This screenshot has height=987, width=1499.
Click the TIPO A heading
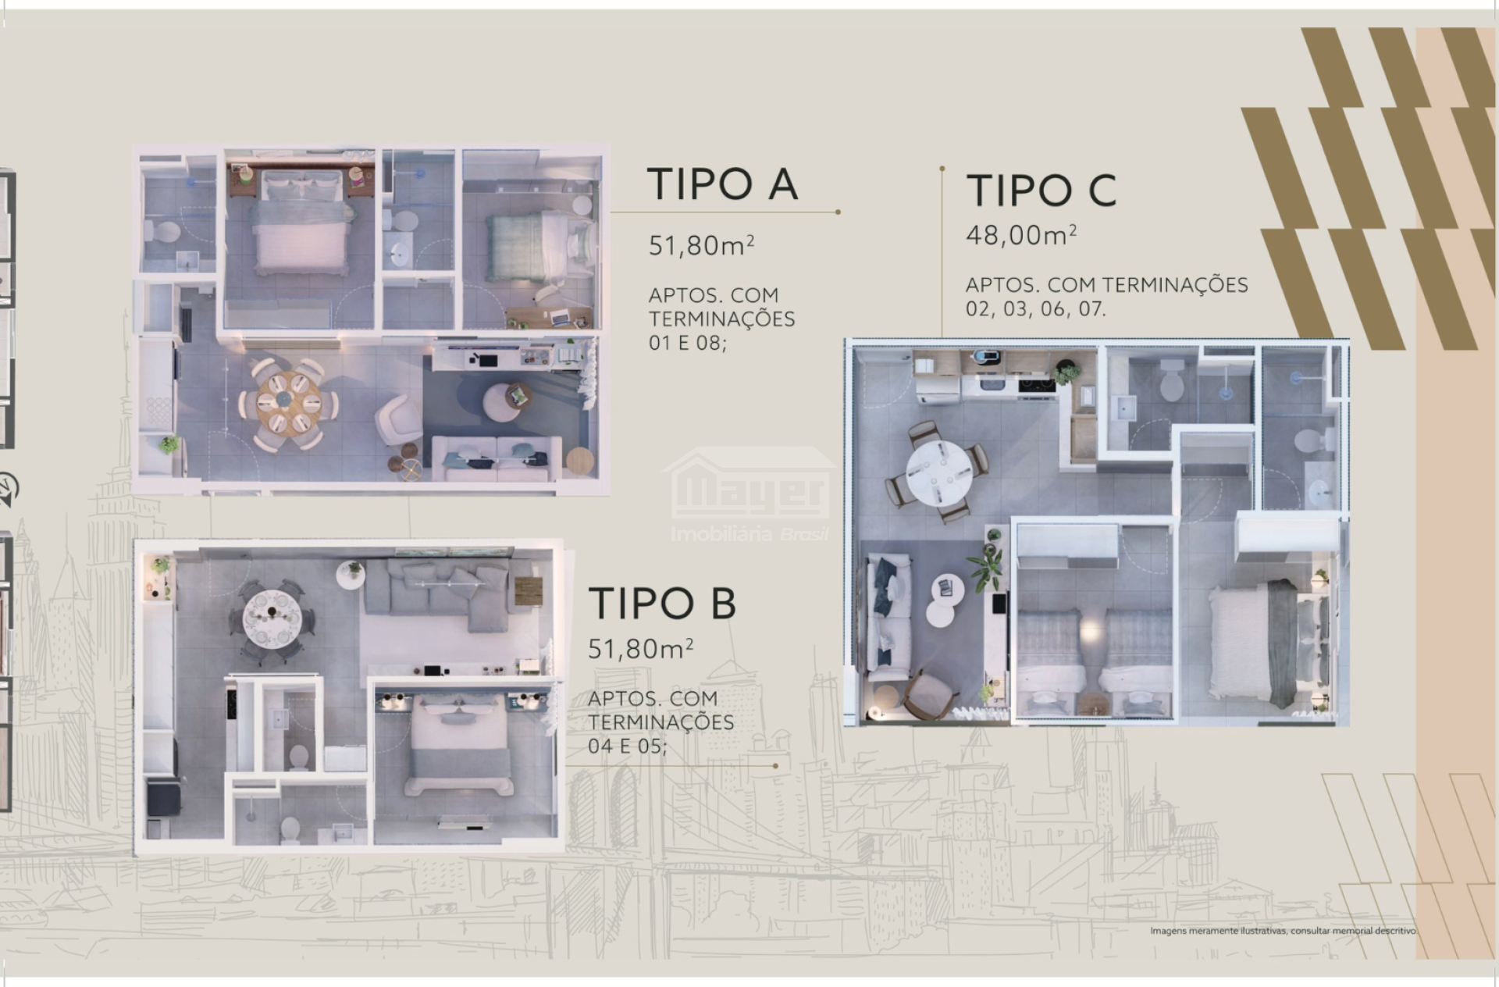click(722, 184)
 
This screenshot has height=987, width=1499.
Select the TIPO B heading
click(662, 604)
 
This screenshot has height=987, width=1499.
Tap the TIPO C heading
click(1041, 191)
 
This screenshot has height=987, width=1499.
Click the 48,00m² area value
click(1021, 234)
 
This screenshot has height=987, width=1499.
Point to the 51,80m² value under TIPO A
click(701, 245)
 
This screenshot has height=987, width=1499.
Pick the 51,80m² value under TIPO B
click(641, 648)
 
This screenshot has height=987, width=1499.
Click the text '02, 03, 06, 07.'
click(1036, 309)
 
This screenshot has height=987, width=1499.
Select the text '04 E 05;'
click(628, 746)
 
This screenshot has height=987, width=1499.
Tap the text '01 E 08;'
click(687, 343)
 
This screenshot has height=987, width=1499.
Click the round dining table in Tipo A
click(290, 402)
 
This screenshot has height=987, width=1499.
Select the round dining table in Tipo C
click(939, 472)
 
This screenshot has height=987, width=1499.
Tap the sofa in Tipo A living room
click(495, 457)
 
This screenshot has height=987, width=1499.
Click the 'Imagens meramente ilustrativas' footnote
click(1283, 931)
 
